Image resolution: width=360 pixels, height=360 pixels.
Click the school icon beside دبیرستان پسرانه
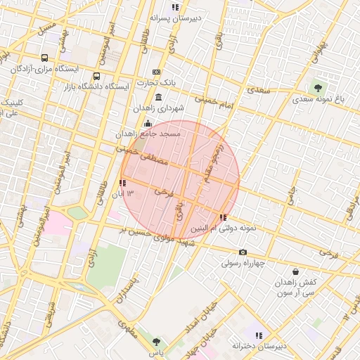[175, 7]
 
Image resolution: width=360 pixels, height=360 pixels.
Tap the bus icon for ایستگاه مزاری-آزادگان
[45, 58]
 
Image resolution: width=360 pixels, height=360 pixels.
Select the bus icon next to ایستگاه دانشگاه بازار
[96, 76]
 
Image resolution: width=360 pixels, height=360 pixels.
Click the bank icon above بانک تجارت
[156, 72]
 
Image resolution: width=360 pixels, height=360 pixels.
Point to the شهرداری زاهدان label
[161, 109]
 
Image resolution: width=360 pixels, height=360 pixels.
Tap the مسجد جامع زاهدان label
[149, 133]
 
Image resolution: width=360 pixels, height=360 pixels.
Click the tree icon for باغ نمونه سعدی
[319, 88]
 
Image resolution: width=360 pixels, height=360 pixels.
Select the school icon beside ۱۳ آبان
[123, 183]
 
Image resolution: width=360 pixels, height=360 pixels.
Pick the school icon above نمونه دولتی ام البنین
[223, 217]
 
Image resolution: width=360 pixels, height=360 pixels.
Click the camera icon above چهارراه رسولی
[243, 252]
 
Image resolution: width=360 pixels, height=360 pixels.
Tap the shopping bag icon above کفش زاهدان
[295, 271]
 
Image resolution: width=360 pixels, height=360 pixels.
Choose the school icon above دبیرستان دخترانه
[259, 335]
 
